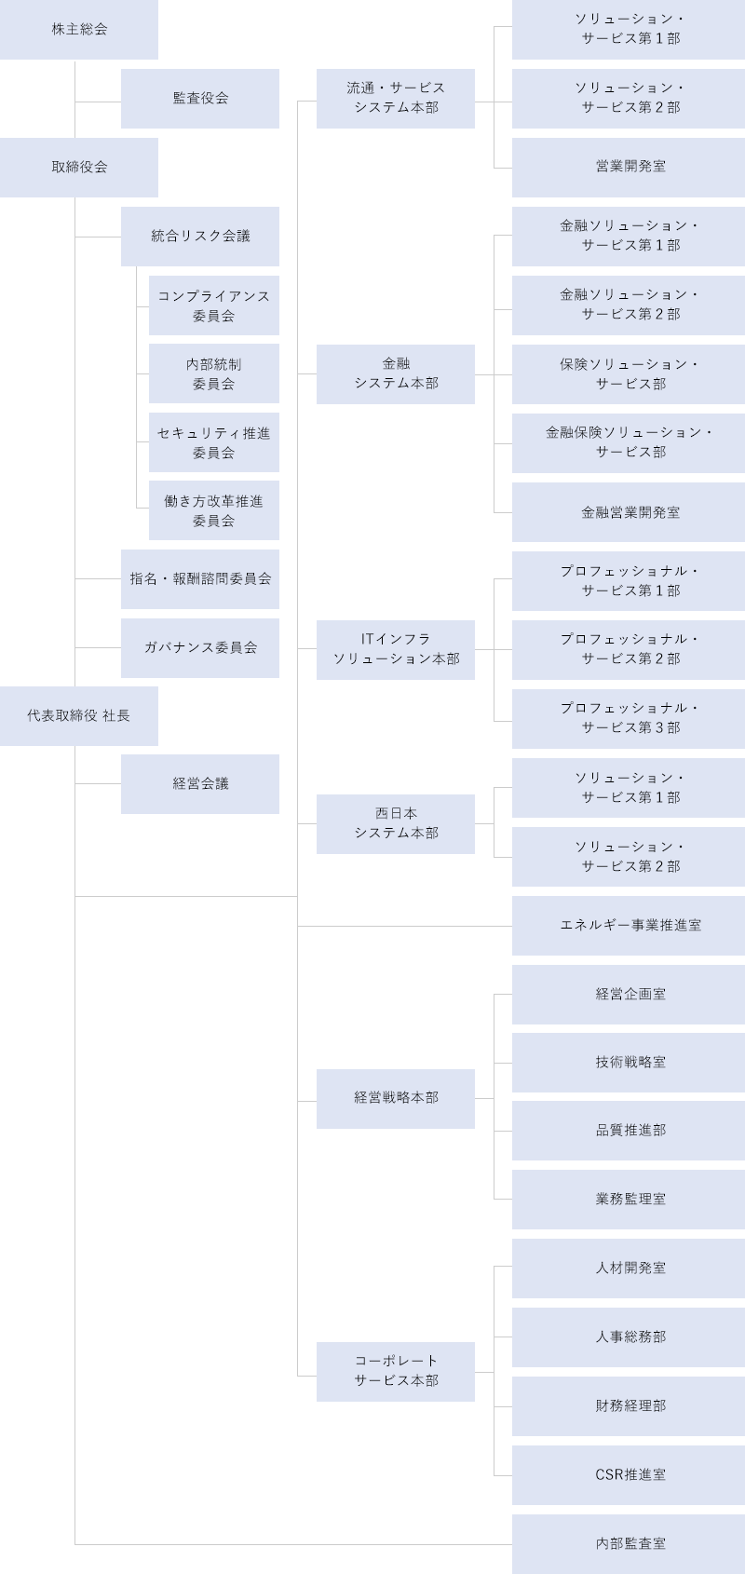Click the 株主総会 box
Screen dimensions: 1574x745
79,30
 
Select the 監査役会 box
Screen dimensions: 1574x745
200,98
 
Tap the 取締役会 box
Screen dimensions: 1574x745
79,167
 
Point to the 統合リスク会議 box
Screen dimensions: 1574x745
200,236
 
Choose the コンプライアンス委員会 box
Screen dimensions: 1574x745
213,305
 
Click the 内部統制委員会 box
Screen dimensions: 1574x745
213,373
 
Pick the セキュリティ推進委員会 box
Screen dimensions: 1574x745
213,442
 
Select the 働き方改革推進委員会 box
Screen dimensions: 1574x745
213,510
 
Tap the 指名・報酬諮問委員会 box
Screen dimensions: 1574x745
200,578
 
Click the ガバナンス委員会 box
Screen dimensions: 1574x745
200,647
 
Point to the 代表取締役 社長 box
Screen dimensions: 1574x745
79,716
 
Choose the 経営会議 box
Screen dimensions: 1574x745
200,784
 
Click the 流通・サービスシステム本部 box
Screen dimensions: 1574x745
396,98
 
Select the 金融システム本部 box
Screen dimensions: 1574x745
396,373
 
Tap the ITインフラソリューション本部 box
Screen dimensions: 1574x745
396,649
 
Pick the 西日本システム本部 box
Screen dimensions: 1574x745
396,823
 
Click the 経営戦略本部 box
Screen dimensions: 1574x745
396,1098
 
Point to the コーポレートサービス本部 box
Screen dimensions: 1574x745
396,1371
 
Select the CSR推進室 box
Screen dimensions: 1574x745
630,1474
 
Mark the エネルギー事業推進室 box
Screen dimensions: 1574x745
630,925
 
